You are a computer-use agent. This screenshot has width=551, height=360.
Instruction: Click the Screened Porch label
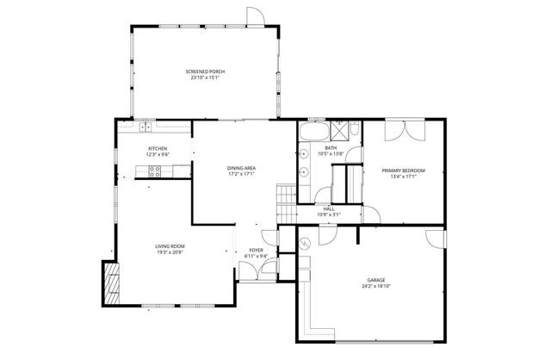[x=205, y=71]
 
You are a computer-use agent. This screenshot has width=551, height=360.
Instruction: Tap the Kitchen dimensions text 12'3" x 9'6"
[x=158, y=154]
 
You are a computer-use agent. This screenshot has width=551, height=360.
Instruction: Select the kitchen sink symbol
[x=145, y=127]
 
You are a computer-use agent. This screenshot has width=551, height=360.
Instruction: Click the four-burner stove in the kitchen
[x=156, y=172]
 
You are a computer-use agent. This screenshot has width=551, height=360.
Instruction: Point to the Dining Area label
[x=241, y=167]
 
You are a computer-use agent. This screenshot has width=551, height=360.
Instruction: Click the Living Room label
[x=170, y=246]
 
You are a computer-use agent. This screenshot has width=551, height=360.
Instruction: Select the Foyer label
[x=257, y=250]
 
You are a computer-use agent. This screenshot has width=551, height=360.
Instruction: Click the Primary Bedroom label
[x=403, y=171]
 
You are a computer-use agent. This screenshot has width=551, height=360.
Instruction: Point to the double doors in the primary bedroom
[x=403, y=130]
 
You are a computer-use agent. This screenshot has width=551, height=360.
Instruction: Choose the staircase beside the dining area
[x=285, y=203]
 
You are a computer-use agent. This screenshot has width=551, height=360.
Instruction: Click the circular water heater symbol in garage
[x=306, y=245]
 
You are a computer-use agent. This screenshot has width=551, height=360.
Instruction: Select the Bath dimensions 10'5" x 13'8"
[x=331, y=154]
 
